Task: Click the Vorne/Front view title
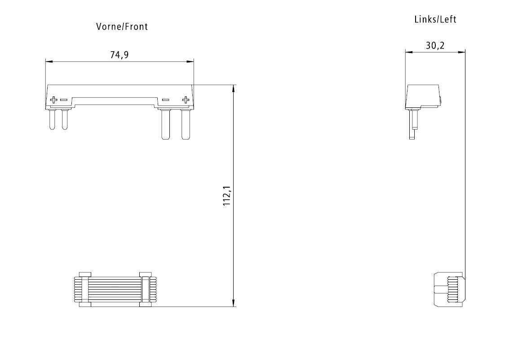(x=122, y=27)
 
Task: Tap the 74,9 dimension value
(x=119, y=55)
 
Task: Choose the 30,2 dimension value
(x=435, y=45)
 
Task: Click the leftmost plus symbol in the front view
(x=53, y=99)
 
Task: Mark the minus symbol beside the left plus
(x=64, y=99)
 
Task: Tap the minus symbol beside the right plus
(x=165, y=99)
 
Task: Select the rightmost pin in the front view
(x=185, y=124)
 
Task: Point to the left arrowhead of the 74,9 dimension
(x=49, y=61)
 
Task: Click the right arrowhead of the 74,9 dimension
(x=190, y=61)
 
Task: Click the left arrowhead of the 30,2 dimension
(x=408, y=52)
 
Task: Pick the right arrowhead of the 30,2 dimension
(x=461, y=52)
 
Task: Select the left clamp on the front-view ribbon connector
(x=85, y=290)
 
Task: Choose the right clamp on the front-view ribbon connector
(x=146, y=290)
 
